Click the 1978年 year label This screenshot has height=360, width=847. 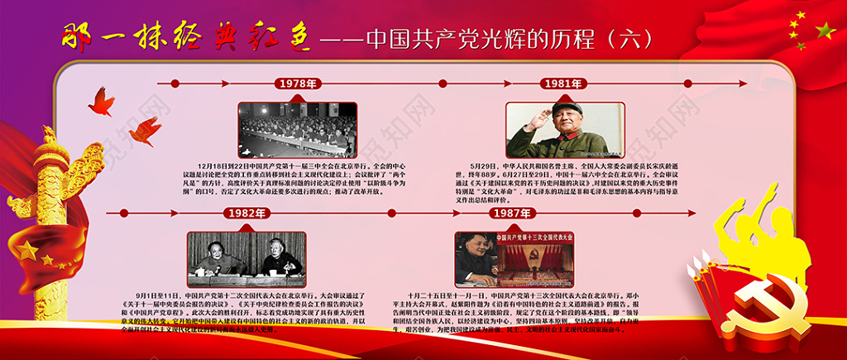coord(297,84)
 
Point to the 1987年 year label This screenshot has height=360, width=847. coord(514,214)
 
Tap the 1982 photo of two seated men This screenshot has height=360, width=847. coord(246,259)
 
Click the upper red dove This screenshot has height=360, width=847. coord(101,101)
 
